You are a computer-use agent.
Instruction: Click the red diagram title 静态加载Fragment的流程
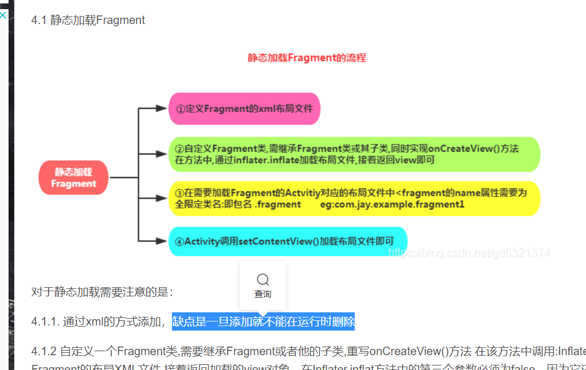point(307,58)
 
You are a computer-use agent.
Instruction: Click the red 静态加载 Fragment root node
point(73,178)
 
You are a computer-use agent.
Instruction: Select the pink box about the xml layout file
point(244,108)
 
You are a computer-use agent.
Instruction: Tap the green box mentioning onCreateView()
point(354,154)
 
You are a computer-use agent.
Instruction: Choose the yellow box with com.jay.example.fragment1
point(354,199)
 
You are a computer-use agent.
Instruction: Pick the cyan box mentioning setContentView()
point(288,241)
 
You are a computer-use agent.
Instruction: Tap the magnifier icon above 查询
point(263,279)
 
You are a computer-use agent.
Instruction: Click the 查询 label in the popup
point(263,294)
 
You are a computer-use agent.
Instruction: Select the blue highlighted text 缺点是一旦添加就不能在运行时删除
point(263,321)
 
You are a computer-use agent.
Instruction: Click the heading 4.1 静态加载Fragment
point(88,21)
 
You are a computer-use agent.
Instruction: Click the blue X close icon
point(3,15)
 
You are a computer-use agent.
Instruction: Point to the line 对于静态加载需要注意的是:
point(102,292)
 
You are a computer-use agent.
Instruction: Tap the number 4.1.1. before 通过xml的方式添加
point(45,322)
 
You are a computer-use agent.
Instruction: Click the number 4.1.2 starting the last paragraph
point(43,351)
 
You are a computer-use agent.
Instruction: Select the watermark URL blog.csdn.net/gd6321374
point(469,253)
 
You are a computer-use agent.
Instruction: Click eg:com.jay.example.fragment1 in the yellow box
point(392,204)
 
